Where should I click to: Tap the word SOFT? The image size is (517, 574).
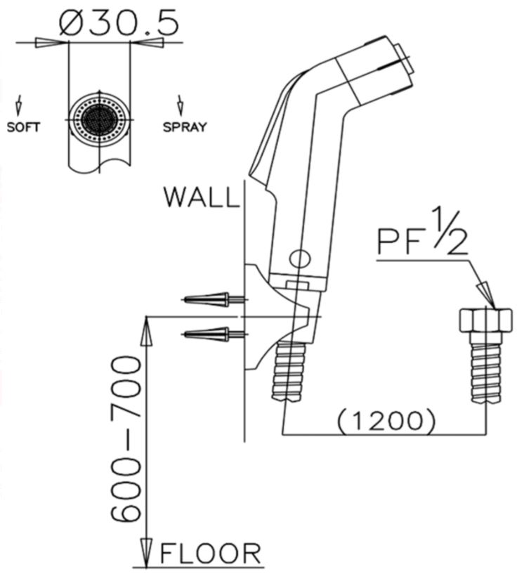click(23, 127)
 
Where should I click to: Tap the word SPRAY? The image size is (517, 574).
click(185, 127)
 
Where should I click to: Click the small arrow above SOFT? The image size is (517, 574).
click(19, 106)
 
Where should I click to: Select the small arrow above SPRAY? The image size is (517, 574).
click(181, 106)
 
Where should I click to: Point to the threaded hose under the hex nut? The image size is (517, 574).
click(485, 369)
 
